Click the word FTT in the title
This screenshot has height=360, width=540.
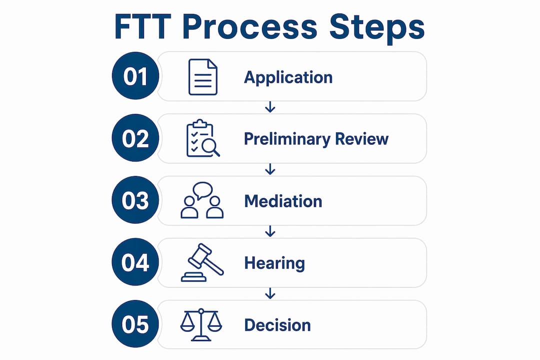pos(142,26)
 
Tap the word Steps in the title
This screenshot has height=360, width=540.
pos(377,28)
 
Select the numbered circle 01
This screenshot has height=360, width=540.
pos(135,76)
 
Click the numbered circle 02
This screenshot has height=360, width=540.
pos(135,138)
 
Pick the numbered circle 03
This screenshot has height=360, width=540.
pos(135,200)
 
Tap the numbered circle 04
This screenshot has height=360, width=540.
pos(135,262)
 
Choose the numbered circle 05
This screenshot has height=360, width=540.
pos(135,324)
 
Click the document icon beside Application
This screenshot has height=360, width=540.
pos(203,77)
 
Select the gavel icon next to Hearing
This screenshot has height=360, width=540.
pos(202,262)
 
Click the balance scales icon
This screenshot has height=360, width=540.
pos(201,324)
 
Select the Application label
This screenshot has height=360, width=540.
pos(288,77)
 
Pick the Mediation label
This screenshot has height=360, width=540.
pos(283,201)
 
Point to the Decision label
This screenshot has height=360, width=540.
pos(277,325)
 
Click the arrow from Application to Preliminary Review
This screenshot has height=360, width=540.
pos(270,107)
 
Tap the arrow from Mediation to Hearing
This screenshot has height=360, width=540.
pos(270,231)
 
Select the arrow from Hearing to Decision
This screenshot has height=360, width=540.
pos(270,293)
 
